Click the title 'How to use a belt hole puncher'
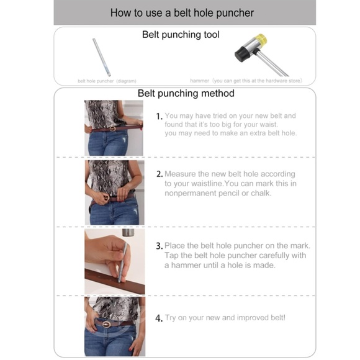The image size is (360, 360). click(x=182, y=13)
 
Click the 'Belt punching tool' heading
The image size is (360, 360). click(x=181, y=35)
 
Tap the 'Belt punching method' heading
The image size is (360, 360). click(x=186, y=94)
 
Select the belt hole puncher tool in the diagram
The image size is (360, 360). click(x=101, y=57)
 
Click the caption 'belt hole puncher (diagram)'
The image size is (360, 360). click(x=107, y=81)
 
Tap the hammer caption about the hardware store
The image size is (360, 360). click(x=246, y=81)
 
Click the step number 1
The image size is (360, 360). click(x=159, y=117)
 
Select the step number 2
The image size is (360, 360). click(x=160, y=174)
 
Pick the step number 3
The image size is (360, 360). click(x=160, y=246)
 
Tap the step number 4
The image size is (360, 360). click(x=159, y=318)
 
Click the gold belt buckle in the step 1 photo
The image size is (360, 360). click(x=112, y=128)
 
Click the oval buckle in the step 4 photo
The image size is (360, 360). click(x=107, y=325)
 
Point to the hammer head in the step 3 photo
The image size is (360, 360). click(x=128, y=233)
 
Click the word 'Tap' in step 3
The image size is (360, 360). click(x=171, y=256)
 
